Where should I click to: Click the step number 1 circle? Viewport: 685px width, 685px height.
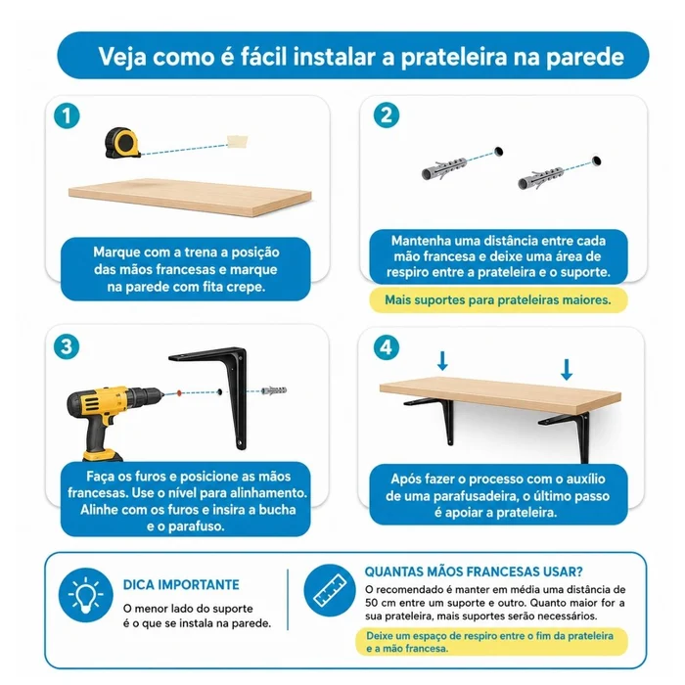click(67, 116)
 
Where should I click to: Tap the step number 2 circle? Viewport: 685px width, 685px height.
click(387, 115)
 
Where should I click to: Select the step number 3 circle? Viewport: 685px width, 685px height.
click(67, 347)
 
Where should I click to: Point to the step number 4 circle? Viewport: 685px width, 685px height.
click(387, 347)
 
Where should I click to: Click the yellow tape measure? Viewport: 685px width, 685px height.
click(122, 143)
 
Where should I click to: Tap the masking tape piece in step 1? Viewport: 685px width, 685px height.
click(238, 141)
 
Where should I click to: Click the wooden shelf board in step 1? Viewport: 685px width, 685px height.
click(190, 197)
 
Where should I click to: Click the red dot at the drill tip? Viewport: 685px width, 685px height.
click(179, 392)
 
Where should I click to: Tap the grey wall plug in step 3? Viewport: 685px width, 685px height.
click(273, 390)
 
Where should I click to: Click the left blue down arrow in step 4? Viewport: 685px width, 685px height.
click(442, 361)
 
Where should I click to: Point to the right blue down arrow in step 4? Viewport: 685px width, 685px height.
click(567, 370)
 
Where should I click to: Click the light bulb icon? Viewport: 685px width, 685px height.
click(86, 595)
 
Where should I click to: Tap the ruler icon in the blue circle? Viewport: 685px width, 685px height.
click(331, 590)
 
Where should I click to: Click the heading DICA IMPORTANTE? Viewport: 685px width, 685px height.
click(181, 584)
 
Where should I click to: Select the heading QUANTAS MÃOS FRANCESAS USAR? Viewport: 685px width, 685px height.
click(474, 571)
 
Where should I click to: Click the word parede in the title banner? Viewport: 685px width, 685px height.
click(585, 57)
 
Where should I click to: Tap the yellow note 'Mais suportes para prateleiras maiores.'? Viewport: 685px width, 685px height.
click(498, 300)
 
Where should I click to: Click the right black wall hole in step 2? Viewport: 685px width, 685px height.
click(596, 160)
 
